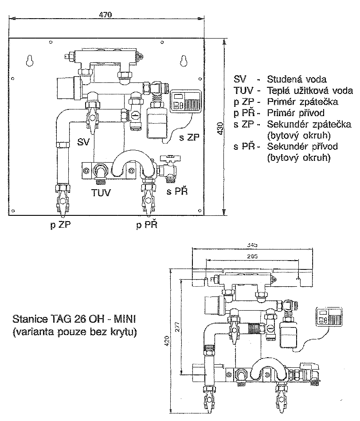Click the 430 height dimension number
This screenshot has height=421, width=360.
point(220,128)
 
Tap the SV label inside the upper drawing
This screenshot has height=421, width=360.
point(83,141)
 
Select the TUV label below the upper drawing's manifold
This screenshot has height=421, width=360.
point(101,192)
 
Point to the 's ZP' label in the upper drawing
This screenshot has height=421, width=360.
point(189,137)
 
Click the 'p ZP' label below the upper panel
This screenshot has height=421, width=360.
point(60,225)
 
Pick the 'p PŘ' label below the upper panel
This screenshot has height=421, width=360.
point(147,224)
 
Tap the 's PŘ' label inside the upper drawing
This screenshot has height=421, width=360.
point(177,191)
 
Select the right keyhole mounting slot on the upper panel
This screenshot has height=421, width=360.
point(184,61)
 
